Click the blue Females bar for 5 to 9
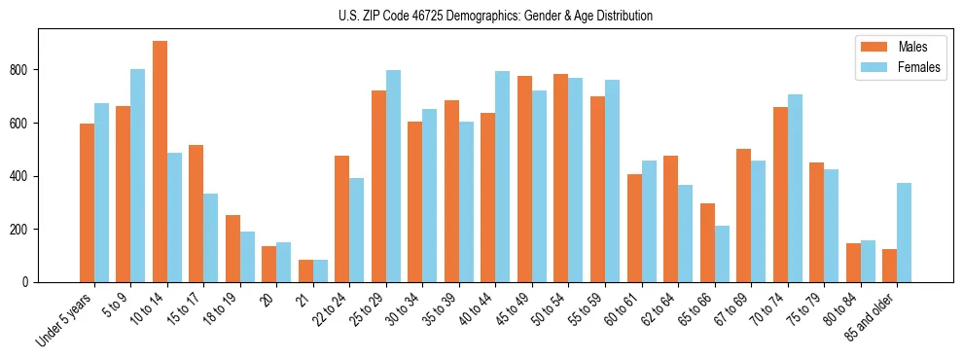point(138,176)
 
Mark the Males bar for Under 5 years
point(87,203)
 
